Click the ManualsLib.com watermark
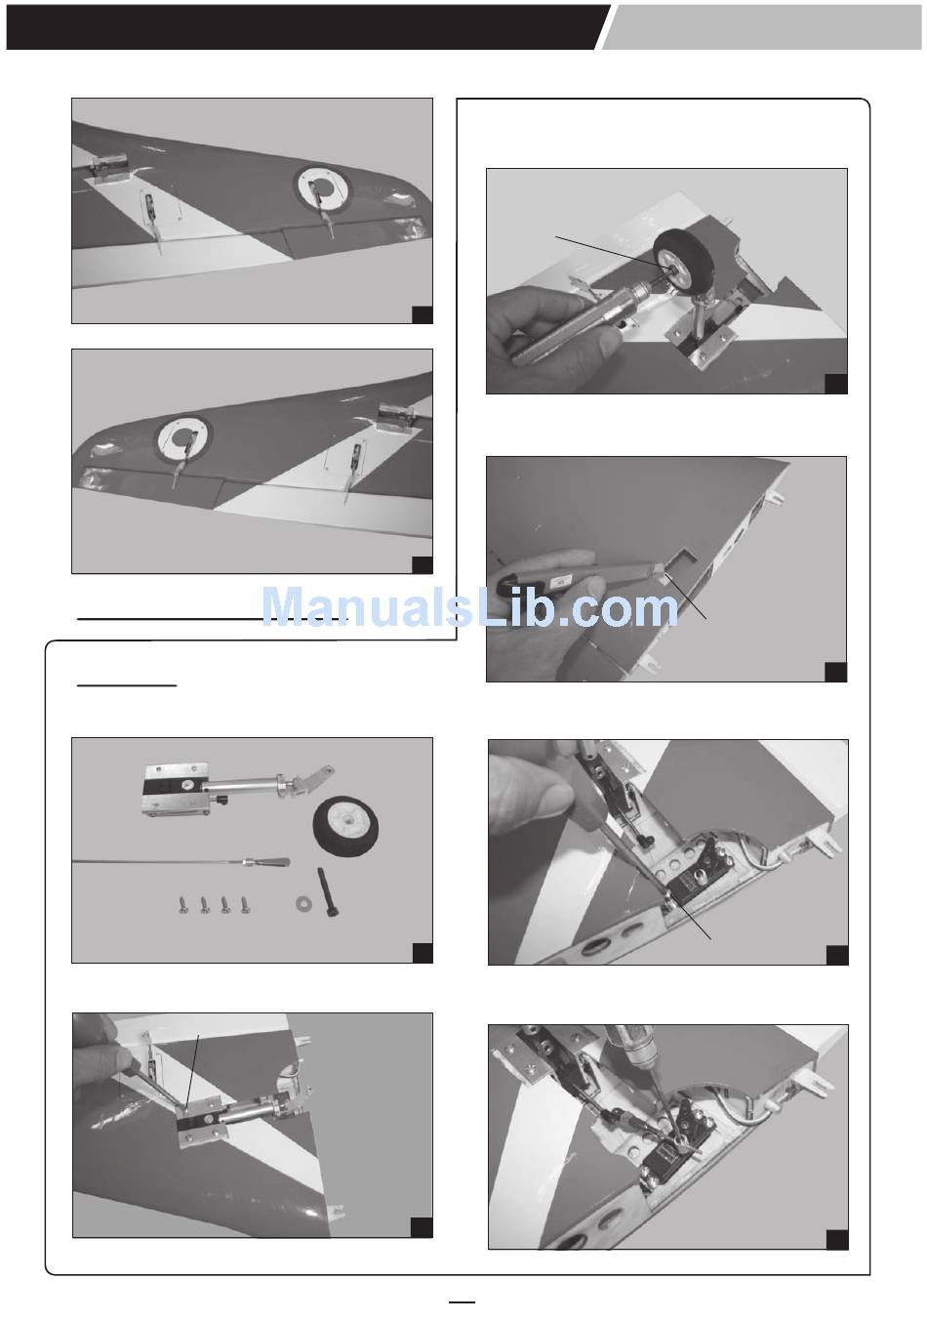coord(469,608)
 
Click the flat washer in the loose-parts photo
coord(302,903)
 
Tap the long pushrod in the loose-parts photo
coord(181,863)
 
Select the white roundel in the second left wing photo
coord(183,437)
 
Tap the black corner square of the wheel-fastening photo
coord(835,384)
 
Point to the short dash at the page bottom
coord(463,1301)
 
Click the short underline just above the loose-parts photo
coord(127,685)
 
